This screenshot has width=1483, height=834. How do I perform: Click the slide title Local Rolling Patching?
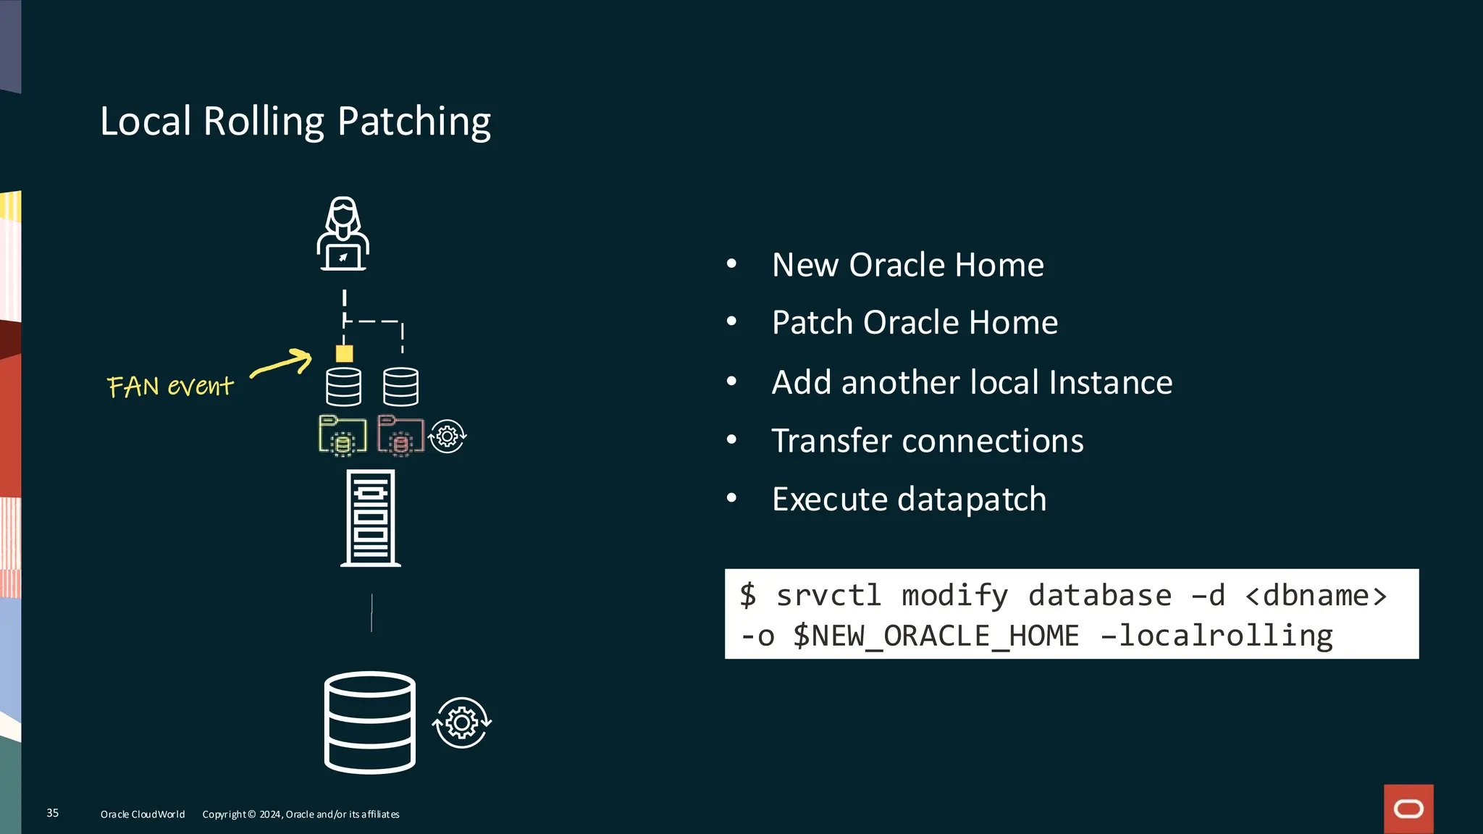(x=295, y=121)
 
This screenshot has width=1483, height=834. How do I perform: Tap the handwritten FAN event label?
(x=170, y=386)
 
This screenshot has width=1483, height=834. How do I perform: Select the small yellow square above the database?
(x=344, y=353)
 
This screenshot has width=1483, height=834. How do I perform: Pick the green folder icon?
(x=343, y=436)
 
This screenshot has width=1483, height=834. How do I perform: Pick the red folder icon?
(x=400, y=436)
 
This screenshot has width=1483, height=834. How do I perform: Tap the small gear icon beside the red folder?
(x=448, y=437)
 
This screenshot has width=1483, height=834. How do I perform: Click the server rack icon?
(x=371, y=518)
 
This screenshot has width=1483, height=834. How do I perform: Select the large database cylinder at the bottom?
(x=370, y=723)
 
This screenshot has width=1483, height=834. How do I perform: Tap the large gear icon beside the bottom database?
(x=462, y=723)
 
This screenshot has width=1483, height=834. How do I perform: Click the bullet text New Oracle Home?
(x=907, y=265)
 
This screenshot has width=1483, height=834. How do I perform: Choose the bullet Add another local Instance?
(x=972, y=382)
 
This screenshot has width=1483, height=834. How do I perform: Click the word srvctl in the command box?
(x=828, y=596)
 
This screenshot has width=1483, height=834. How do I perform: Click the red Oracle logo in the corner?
(x=1408, y=809)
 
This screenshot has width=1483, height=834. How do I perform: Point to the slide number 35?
(x=53, y=813)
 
